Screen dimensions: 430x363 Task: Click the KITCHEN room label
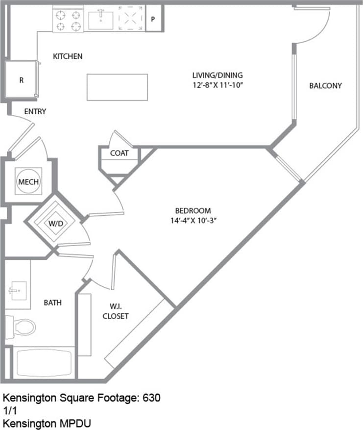coord(68,56)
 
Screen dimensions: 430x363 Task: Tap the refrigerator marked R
coord(21,80)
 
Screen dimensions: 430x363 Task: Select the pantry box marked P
coord(153,20)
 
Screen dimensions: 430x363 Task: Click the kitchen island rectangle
coord(117,87)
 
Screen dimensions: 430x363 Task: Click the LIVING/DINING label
coord(218,75)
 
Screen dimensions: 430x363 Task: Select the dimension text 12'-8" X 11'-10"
coord(218,84)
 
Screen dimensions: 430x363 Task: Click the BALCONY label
coord(325,85)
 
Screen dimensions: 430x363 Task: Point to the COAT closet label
coord(119,153)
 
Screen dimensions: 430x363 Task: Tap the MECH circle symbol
coord(28,182)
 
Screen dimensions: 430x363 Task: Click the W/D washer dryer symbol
coord(55,224)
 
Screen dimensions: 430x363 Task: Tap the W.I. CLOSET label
coord(116,311)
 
